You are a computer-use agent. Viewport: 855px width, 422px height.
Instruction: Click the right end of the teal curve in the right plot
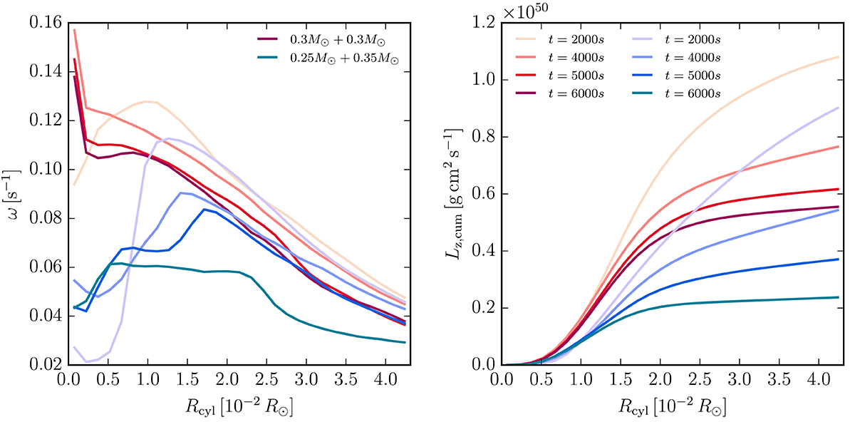pyautogui.click(x=837, y=297)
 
